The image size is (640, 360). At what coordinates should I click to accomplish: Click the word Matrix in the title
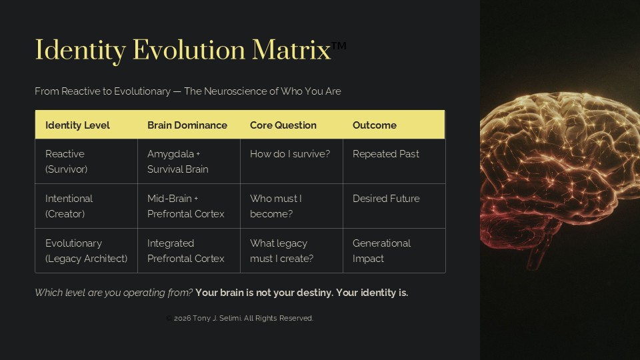291,50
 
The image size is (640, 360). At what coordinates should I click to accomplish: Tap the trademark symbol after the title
339,45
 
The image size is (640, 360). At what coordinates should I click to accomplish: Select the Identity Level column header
77,125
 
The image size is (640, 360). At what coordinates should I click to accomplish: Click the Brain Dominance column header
187,125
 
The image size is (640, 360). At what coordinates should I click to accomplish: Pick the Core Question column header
283,125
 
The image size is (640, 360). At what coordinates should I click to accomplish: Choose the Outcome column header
375,125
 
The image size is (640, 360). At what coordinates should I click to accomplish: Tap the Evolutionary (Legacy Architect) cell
87,251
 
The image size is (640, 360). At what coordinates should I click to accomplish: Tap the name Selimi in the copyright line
231,318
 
